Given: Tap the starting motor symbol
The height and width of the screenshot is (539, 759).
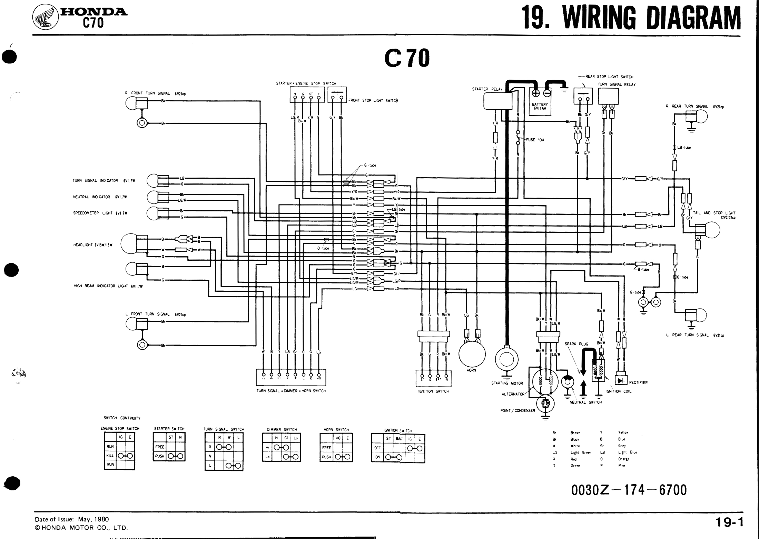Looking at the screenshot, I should pos(506,360).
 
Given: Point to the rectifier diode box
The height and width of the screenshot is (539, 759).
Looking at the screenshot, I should pos(621,380).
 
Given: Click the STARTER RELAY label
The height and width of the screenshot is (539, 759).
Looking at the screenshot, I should pos(487,89).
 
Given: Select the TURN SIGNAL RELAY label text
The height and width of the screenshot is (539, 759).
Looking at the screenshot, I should pos(617,84).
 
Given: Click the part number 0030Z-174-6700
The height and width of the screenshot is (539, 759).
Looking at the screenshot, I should pos(629,490).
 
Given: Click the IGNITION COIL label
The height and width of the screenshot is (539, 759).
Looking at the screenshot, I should pos(619,391).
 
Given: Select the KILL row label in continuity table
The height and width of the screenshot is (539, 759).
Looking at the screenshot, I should pos(110,456).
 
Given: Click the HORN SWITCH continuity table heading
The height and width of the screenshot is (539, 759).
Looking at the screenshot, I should pos(336,430).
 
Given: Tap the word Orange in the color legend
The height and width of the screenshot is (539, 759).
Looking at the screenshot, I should pos(624,459).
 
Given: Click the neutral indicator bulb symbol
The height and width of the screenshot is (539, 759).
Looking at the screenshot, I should pos(152,197).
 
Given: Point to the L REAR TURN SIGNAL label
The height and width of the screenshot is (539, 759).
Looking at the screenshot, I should pos(694,335).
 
